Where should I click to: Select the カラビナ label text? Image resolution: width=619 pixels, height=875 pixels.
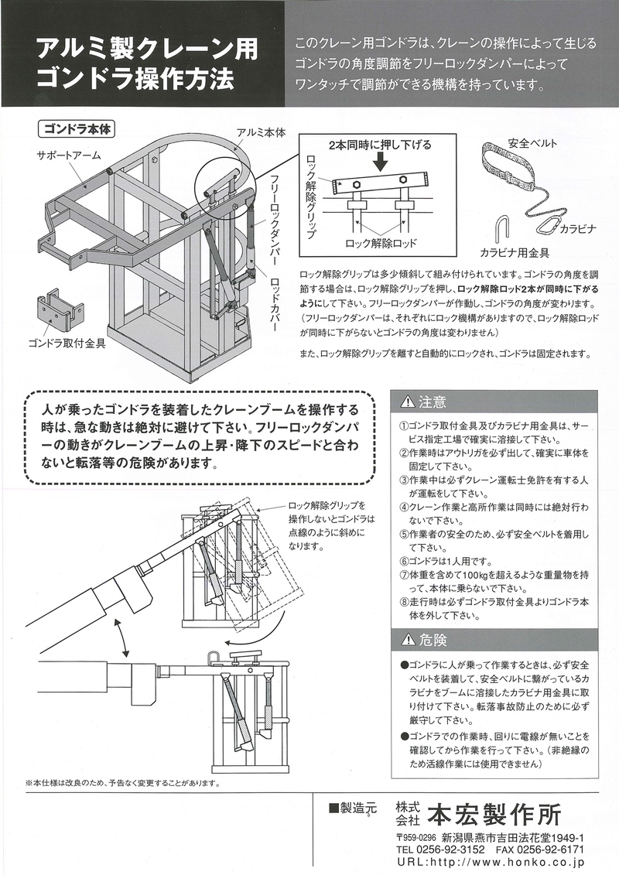point(577,229)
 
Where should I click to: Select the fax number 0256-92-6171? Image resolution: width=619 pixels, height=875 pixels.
point(550,849)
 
